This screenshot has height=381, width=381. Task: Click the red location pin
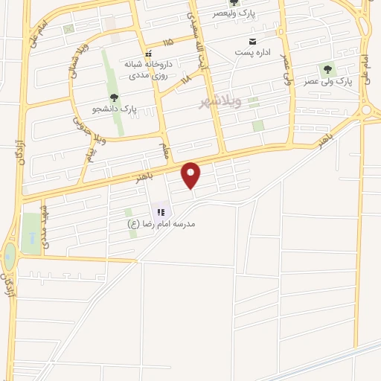coord(191,175)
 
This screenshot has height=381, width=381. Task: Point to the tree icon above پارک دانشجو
coord(113,97)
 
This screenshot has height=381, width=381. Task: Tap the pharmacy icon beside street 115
coord(148,54)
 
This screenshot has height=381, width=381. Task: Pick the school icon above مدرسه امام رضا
coord(161,212)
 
